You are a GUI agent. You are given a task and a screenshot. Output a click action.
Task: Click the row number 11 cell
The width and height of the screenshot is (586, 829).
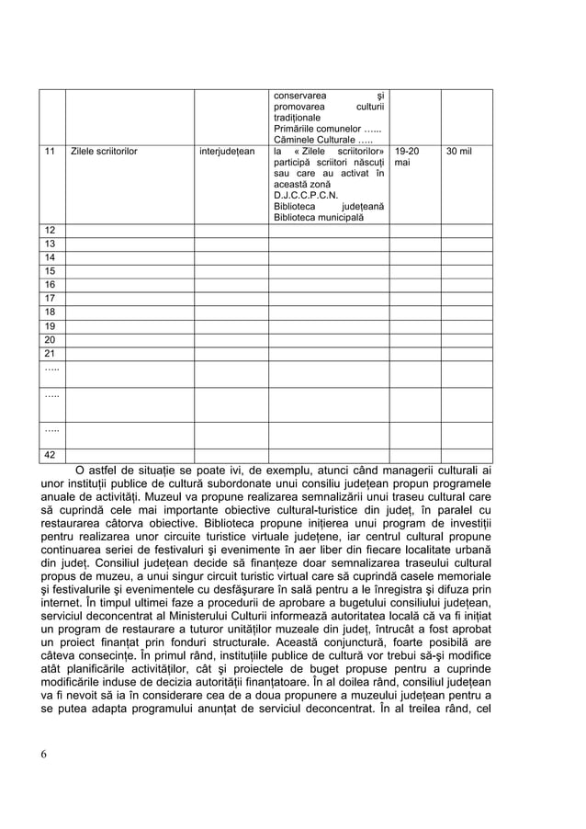pos(51,150)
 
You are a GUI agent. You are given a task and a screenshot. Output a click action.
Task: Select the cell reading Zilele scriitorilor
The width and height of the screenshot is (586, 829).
pos(103,150)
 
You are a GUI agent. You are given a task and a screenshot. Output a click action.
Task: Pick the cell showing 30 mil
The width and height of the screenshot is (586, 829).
pos(459,150)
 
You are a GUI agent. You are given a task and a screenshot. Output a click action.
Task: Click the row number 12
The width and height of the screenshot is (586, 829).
pos(51,229)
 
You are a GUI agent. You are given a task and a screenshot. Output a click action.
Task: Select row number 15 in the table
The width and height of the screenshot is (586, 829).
pos(51,271)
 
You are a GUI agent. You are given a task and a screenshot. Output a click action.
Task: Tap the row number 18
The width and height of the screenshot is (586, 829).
pos(51,312)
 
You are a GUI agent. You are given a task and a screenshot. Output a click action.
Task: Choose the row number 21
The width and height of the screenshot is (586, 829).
pos(51,354)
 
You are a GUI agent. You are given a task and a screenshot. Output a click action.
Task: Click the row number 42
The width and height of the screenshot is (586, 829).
pos(51,455)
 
